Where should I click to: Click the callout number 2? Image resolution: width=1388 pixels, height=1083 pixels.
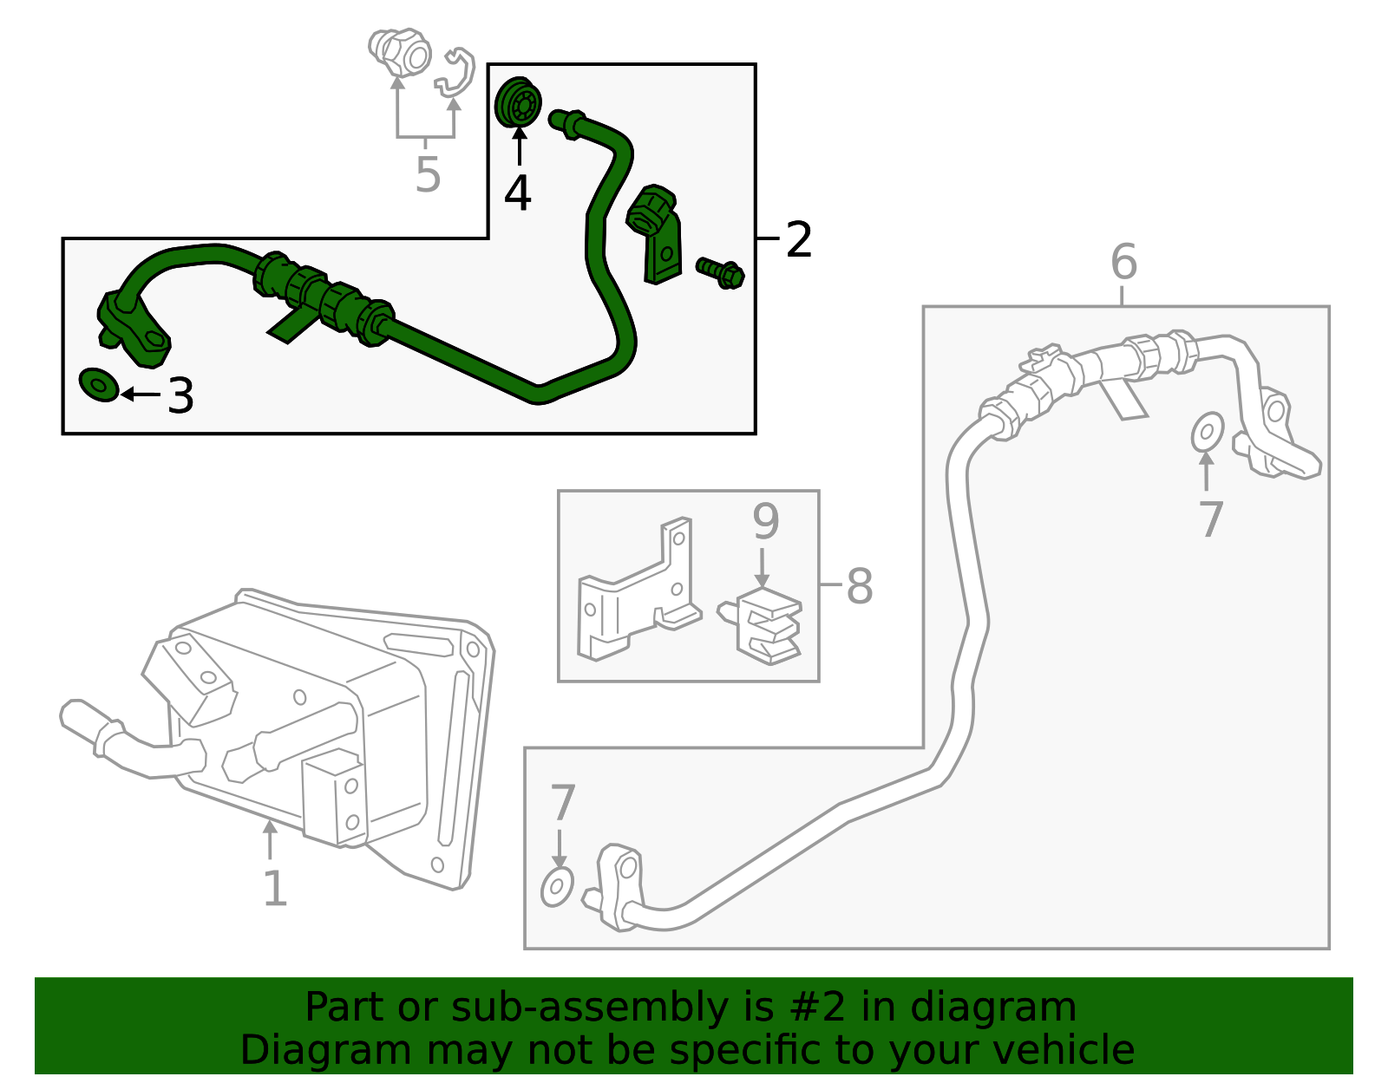[x=798, y=239]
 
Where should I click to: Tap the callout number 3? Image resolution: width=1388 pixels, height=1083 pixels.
[x=180, y=395]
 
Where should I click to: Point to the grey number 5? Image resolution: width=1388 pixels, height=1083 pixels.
[x=428, y=173]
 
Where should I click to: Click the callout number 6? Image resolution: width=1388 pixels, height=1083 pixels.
[x=1124, y=261]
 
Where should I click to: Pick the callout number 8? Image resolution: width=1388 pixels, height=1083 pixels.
[x=860, y=585]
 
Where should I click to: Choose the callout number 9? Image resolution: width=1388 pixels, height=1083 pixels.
[x=766, y=521]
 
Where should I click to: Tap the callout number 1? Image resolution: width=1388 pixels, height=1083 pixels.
[x=275, y=888]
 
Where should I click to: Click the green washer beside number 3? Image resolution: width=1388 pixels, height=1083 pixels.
[x=99, y=385]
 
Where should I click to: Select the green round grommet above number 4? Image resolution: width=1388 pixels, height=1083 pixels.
[x=519, y=102]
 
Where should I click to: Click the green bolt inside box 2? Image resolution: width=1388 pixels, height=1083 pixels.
[x=721, y=273]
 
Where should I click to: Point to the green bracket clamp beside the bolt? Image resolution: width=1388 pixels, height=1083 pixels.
[x=655, y=233]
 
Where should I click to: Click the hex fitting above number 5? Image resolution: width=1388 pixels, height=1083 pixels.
[x=400, y=52]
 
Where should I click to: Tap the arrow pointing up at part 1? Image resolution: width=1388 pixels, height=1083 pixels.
[x=270, y=840]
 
